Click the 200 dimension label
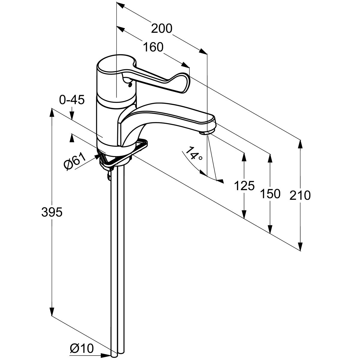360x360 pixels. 161,28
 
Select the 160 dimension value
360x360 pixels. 153,47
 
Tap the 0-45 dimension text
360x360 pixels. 72,100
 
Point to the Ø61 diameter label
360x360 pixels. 74,161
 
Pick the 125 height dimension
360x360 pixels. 244,186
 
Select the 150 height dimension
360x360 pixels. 270,193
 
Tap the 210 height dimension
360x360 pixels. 300,195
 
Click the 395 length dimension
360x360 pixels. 52,212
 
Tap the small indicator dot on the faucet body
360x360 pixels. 130,85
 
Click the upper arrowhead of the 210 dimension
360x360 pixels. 300,145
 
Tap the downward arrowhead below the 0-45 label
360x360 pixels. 72,115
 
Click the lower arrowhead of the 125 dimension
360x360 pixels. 244,213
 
